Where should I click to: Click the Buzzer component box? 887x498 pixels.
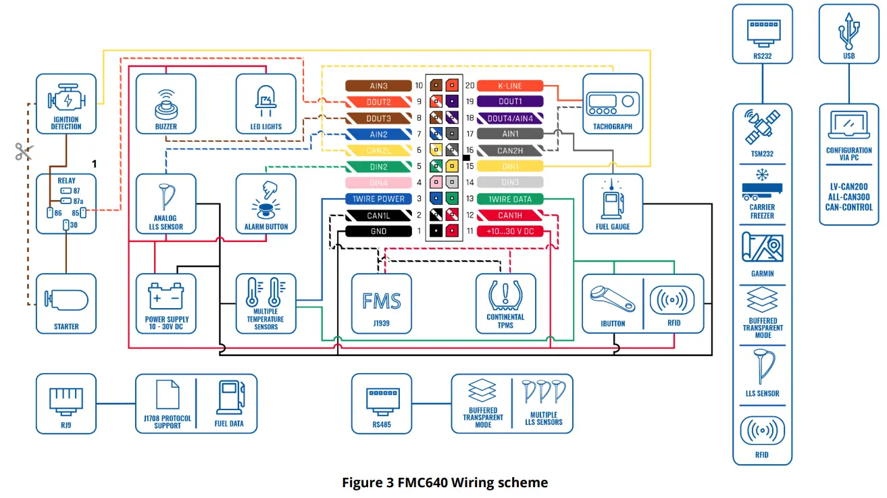click(166, 104)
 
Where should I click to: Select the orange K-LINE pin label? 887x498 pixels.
click(510, 86)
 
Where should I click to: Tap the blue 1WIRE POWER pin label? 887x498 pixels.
click(378, 199)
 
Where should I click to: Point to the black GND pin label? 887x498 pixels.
click(378, 231)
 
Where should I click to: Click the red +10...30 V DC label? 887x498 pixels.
click(510, 231)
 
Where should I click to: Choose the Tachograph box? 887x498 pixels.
click(613, 104)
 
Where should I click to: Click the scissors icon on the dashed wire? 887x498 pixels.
click(24, 151)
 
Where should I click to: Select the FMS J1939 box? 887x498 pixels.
click(381, 303)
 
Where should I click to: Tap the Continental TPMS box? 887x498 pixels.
click(506, 303)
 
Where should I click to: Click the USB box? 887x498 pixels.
click(849, 34)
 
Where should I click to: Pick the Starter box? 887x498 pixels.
click(66, 303)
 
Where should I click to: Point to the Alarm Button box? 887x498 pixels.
click(265, 203)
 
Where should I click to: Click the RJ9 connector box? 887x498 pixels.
click(66, 403)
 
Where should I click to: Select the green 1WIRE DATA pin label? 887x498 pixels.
click(510, 199)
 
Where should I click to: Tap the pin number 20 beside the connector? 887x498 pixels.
click(470, 86)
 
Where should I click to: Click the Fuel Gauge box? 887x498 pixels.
click(613, 203)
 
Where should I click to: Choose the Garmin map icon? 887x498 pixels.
click(762, 247)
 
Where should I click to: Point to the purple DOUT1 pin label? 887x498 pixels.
click(510, 101)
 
